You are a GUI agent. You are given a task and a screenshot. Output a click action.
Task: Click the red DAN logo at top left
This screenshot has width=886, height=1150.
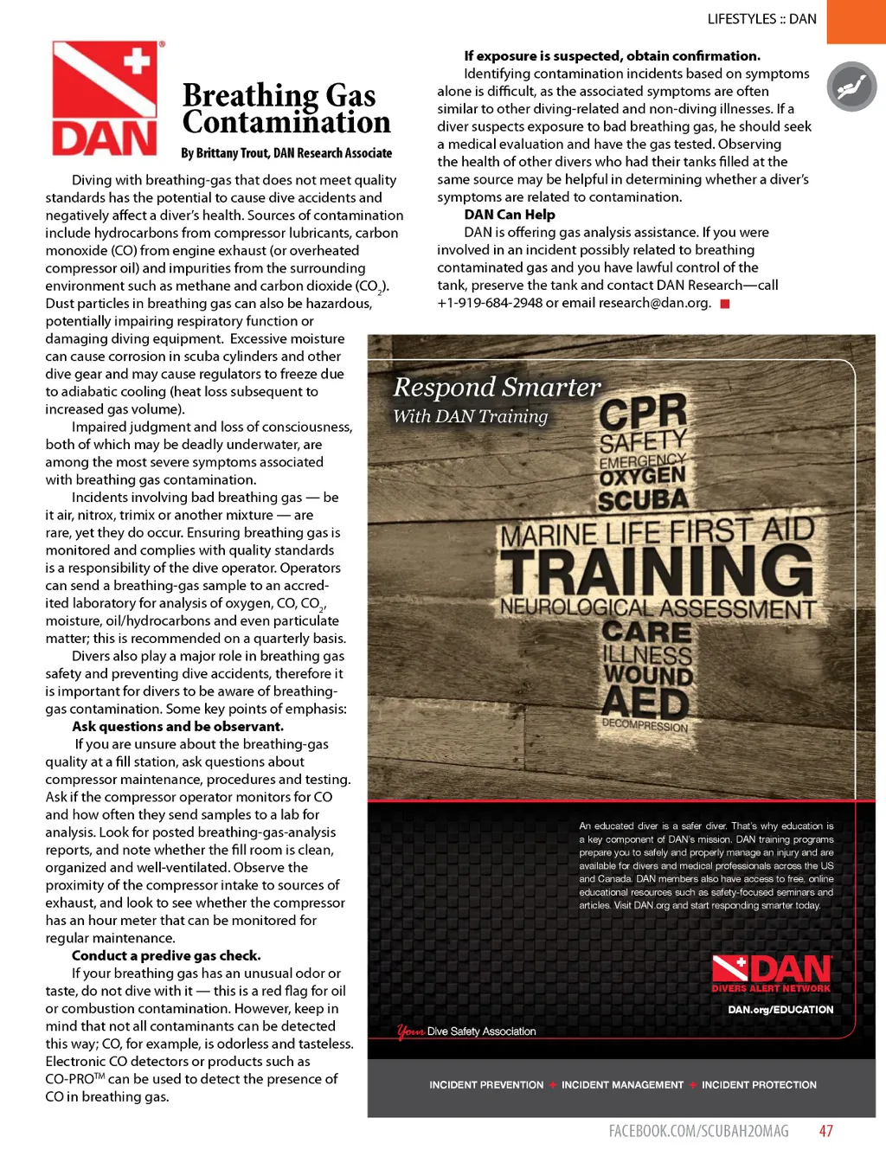coord(105,99)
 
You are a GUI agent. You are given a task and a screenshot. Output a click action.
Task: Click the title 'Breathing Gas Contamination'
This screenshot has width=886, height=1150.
coord(286,109)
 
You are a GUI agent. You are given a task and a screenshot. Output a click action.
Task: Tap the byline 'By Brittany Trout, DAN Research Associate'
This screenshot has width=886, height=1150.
coord(286,153)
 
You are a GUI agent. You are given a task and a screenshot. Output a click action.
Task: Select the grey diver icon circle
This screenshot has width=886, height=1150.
coord(851,87)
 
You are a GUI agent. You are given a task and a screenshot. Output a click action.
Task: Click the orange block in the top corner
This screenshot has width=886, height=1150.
coord(856,21)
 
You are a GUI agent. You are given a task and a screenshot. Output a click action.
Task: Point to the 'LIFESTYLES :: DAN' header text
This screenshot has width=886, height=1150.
coord(761,19)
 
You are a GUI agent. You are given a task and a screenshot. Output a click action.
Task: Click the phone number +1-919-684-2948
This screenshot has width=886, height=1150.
coord(490,303)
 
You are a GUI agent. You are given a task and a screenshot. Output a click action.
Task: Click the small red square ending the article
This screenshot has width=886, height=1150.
coord(725,304)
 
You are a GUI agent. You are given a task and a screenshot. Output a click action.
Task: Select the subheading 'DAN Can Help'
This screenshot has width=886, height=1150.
coord(510,215)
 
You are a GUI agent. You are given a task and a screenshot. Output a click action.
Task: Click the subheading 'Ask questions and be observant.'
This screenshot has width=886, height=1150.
coord(177,727)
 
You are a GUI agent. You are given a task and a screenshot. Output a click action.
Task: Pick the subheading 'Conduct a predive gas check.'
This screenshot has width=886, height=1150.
coord(166,955)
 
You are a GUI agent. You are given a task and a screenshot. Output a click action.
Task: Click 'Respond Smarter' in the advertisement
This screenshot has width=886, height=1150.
coord(497,387)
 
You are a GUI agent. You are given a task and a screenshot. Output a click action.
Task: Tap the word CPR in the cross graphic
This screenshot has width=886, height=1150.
coord(643,413)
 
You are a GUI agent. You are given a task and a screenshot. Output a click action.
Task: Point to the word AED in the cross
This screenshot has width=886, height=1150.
coord(645,702)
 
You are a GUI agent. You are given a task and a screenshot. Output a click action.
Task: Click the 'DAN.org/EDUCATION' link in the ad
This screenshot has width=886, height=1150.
coord(780,1010)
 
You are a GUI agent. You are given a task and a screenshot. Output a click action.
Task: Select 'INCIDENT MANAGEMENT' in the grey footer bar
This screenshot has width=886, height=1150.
coord(622,1085)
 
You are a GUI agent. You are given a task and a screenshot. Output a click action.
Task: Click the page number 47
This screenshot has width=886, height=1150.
coord(826,1131)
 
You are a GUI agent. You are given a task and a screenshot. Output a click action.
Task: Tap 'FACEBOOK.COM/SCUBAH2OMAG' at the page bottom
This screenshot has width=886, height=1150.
coord(698,1131)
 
